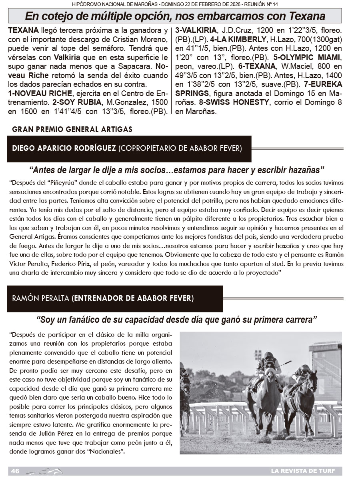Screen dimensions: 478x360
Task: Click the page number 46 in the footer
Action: tap(16, 470)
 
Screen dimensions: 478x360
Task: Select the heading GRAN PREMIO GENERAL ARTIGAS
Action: tap(72, 129)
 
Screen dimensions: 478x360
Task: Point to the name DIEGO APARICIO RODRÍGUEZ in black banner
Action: tap(64, 148)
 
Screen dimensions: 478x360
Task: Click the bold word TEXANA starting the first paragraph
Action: tap(23, 30)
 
